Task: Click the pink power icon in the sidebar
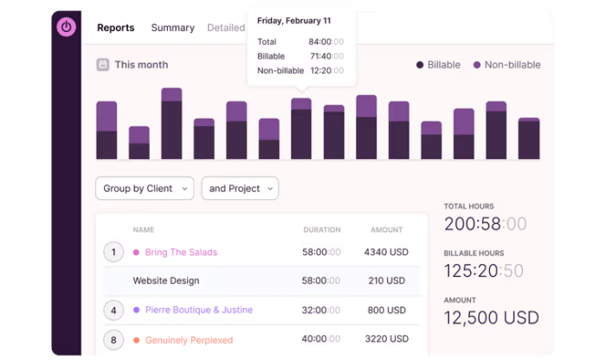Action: coord(67,27)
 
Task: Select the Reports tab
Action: coord(115,28)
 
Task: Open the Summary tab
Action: coord(172,28)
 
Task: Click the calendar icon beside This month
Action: coord(103,65)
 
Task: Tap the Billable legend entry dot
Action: coord(420,65)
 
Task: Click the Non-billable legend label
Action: coord(513,65)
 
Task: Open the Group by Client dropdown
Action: coord(145,189)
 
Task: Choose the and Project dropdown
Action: coord(240,189)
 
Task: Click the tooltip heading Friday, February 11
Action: coord(293,21)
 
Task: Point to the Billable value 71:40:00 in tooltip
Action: coord(326,56)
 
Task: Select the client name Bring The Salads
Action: coord(181,253)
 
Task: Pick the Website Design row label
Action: coord(166,281)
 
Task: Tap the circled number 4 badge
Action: coord(113,310)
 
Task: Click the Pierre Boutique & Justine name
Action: coord(199,310)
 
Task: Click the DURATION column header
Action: coord(321,230)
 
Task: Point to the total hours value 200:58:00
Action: coord(485,224)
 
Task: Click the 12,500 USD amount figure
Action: coord(491,318)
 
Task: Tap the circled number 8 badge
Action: coord(113,340)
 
